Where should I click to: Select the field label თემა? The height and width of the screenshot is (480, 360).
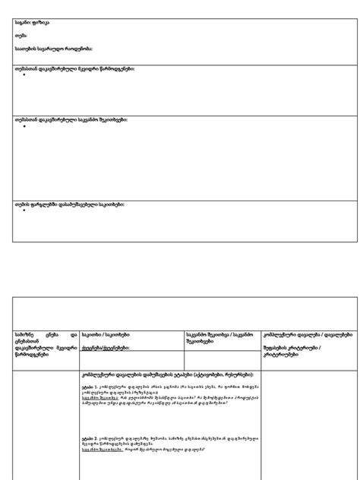[21, 36]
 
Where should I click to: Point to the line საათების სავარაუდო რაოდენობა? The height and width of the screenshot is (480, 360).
[54, 49]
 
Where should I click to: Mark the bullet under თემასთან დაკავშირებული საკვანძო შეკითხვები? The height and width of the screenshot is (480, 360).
[25, 127]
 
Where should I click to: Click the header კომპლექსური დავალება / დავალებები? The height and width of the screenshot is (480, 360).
[307, 334]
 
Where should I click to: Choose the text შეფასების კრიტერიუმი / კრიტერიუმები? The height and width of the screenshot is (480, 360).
[292, 351]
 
